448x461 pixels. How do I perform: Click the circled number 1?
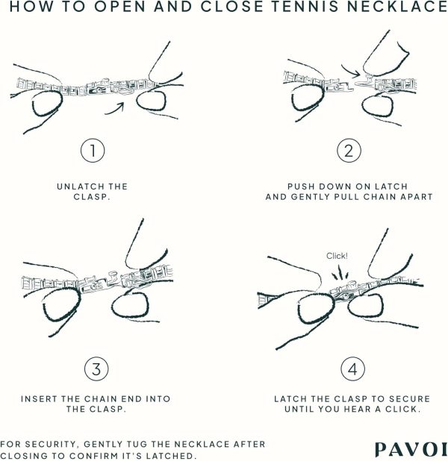(x=93, y=150)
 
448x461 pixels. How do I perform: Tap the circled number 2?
(x=349, y=150)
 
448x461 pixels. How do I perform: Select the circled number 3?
(x=96, y=369)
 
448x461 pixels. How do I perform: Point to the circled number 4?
(x=352, y=369)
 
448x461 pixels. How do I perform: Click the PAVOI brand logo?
(x=411, y=450)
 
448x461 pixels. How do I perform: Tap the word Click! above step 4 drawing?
(x=337, y=256)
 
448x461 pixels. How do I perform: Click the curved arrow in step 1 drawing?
(x=115, y=108)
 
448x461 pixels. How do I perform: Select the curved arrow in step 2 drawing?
(x=350, y=71)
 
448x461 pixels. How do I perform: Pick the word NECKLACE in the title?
(x=397, y=7)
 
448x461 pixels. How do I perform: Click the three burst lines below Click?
(x=340, y=272)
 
